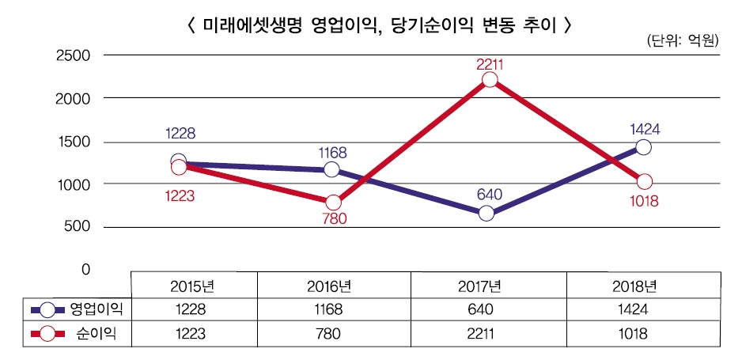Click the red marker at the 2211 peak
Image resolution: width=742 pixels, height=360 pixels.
tap(490, 80)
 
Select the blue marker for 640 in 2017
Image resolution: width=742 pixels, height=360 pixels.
tap(487, 213)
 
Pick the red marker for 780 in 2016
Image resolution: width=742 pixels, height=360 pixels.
tap(333, 202)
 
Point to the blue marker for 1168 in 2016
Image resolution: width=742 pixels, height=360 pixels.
tap(331, 169)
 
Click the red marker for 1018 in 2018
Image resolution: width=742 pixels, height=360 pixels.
tap(645, 182)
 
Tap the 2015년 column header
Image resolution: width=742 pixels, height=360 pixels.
tap(193, 285)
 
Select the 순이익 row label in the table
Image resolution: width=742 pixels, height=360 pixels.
tap(100, 334)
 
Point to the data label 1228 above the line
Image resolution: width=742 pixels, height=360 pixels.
tap(180, 134)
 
